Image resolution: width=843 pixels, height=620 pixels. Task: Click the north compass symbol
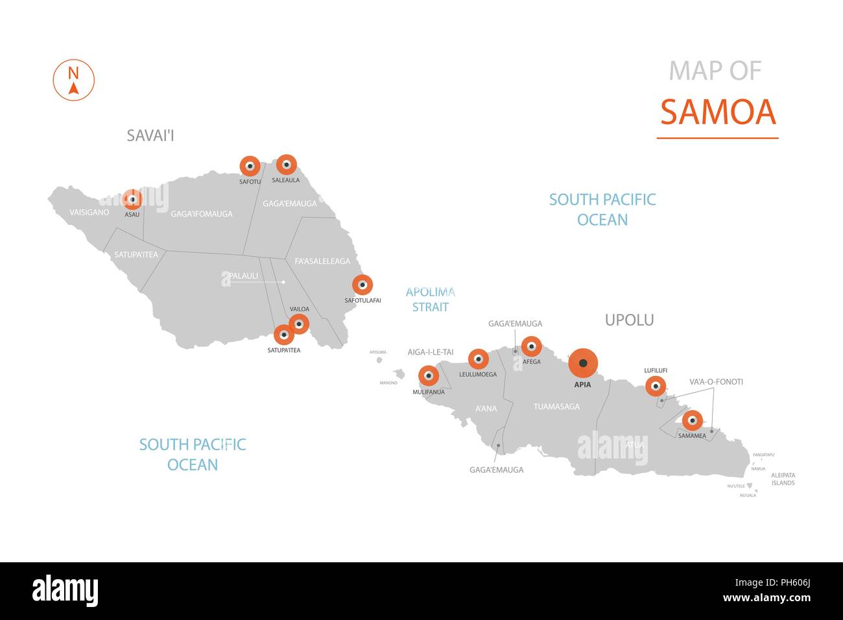(x=73, y=80)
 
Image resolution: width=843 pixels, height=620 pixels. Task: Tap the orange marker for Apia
(x=583, y=363)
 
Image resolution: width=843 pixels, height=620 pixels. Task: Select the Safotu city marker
(x=250, y=167)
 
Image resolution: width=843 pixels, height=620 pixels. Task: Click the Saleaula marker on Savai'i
(x=286, y=165)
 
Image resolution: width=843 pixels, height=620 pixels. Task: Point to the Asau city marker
(x=132, y=199)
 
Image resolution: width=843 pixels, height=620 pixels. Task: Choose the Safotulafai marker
(x=362, y=285)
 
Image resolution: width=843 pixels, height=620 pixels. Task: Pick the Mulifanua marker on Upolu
(x=428, y=376)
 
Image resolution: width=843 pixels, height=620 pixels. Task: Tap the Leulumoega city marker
(x=478, y=359)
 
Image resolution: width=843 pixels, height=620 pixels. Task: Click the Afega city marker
(x=531, y=346)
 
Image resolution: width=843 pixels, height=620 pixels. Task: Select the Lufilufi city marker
(x=656, y=387)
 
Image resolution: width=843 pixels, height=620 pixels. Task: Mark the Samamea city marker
(x=692, y=420)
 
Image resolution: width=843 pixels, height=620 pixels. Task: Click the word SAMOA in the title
(x=718, y=112)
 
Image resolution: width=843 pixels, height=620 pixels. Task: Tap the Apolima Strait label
(x=431, y=300)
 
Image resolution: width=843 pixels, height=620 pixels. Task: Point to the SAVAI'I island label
(x=150, y=136)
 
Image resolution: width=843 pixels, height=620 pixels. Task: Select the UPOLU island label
(x=629, y=320)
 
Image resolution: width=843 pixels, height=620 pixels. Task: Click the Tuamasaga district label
(x=556, y=407)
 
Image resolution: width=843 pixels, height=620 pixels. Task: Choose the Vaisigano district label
(x=89, y=212)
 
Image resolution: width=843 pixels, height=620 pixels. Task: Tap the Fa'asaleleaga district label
(x=322, y=261)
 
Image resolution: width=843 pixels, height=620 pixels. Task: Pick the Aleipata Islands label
(x=783, y=479)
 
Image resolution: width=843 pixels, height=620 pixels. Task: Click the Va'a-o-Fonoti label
(x=716, y=382)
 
